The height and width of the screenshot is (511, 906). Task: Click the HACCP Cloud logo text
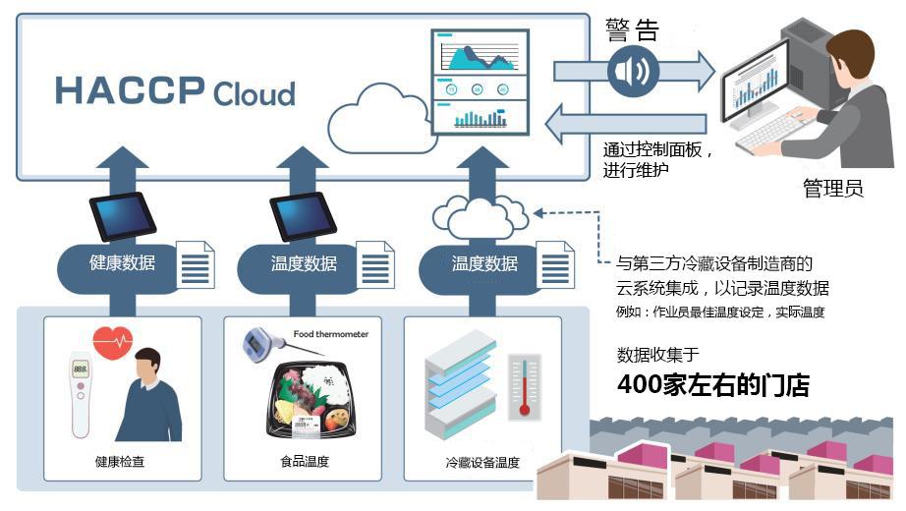[x=175, y=90]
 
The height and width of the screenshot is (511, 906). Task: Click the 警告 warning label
[x=632, y=29]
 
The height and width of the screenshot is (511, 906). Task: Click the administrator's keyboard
[x=766, y=139]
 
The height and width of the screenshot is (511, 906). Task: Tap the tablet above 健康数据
[x=123, y=215]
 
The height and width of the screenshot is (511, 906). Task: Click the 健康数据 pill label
[x=122, y=263]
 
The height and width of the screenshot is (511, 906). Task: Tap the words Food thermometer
[x=331, y=334]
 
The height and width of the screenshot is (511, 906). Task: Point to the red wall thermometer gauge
[x=524, y=387]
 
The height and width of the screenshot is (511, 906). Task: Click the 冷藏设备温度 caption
[x=481, y=462]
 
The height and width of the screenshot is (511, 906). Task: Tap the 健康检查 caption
[x=120, y=461]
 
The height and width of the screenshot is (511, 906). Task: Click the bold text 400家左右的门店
[x=712, y=384]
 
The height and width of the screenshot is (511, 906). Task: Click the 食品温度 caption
[x=305, y=461]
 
